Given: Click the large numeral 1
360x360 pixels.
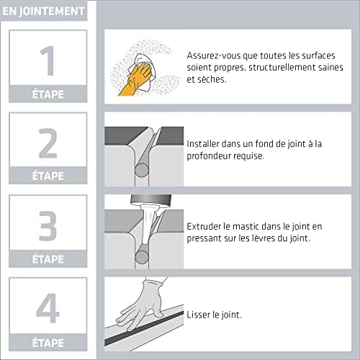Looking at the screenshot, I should coord(48,61).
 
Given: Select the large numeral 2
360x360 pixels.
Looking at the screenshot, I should coord(48,144).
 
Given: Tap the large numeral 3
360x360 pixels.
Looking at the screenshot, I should coord(48,226).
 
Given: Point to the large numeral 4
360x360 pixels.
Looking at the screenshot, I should coord(48,308).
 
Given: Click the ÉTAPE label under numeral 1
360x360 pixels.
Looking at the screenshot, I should coord(48,92).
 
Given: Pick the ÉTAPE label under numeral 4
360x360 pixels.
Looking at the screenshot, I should coord(48,341).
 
